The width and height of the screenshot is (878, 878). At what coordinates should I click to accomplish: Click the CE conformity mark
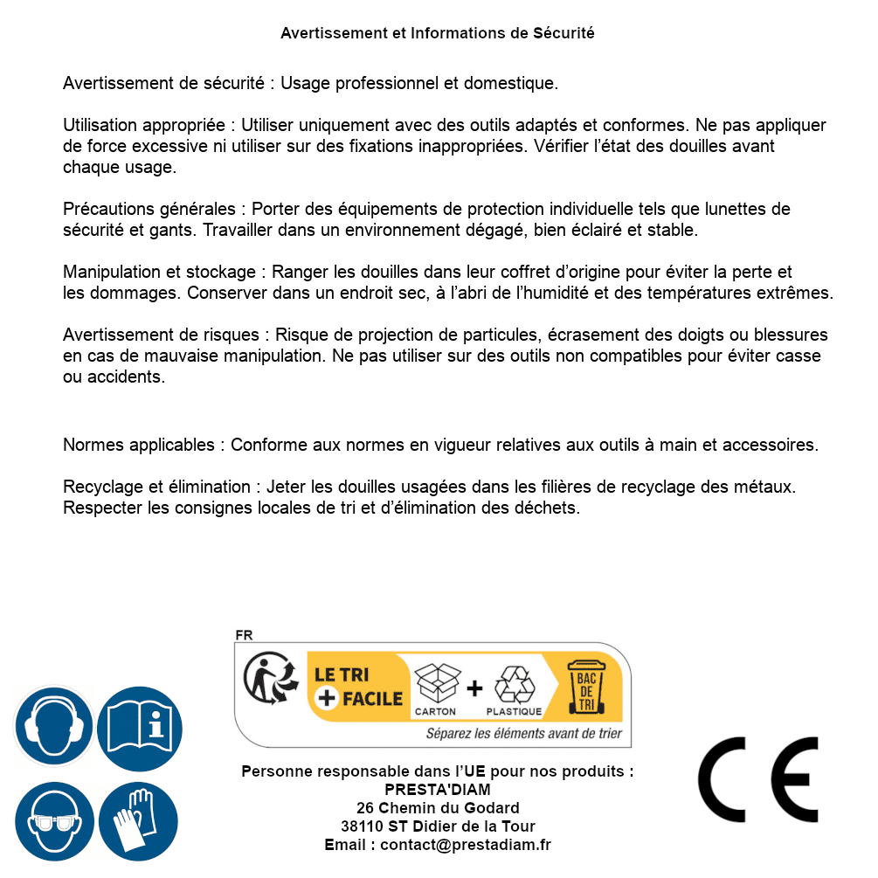click(757, 778)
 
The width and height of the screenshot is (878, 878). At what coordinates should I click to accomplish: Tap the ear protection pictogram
click(53, 725)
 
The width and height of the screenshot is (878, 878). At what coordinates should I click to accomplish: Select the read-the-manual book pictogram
click(140, 725)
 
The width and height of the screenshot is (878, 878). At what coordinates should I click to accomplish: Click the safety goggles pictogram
click(53, 821)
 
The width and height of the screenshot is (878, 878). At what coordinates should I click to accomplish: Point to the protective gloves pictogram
click(140, 821)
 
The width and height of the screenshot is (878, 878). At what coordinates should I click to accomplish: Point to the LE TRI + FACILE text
click(358, 687)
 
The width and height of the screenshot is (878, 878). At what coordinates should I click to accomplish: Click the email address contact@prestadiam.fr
click(466, 845)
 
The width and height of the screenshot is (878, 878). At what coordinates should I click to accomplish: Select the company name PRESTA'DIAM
click(438, 790)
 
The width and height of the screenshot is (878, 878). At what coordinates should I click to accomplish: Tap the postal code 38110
click(362, 826)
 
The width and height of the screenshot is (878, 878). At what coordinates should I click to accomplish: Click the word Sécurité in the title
click(563, 33)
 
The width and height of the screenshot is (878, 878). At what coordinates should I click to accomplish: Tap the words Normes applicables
click(138, 445)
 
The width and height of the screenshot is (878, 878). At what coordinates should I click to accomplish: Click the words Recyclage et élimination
click(158, 487)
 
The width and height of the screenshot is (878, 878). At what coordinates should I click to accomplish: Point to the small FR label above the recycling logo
click(244, 636)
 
